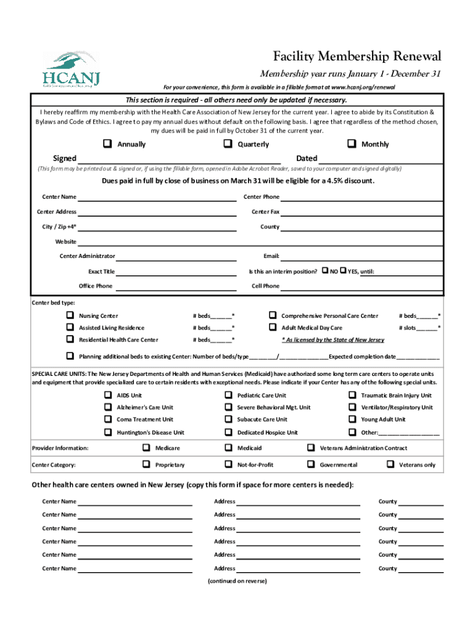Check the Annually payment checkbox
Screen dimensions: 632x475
(x=108, y=144)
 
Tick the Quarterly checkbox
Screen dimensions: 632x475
(x=228, y=144)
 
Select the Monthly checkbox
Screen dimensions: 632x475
(x=352, y=144)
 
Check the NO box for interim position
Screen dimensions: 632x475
(x=325, y=271)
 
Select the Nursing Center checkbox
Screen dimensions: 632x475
(x=70, y=315)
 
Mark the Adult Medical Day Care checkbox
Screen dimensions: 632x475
(x=272, y=328)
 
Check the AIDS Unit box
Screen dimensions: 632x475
(x=108, y=395)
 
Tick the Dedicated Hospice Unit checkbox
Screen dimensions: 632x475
(x=228, y=432)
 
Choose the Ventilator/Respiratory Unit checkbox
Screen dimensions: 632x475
(x=352, y=407)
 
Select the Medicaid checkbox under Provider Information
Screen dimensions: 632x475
(x=228, y=448)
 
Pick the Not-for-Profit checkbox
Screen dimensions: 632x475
(x=228, y=464)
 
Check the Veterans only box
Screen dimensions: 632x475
(x=390, y=464)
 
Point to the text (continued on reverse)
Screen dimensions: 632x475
(x=238, y=581)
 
